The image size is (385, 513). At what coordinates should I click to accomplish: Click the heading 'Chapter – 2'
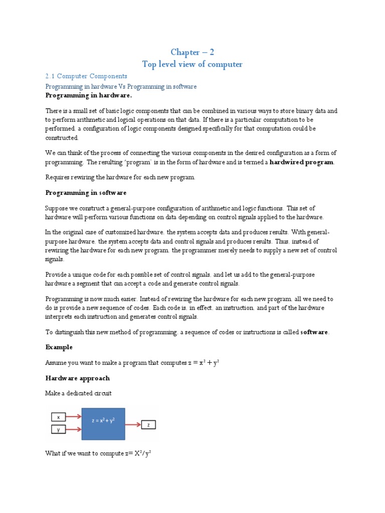click(192, 53)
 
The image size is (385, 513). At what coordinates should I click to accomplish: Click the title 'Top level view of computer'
click(192, 64)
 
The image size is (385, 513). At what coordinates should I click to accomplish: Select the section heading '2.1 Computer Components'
click(86, 76)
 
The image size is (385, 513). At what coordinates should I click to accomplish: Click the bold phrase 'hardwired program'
click(301, 162)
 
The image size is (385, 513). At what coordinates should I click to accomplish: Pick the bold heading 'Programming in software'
click(86, 192)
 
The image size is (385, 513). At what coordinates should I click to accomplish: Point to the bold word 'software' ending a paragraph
click(314, 332)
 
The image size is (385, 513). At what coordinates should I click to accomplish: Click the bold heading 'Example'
click(59, 347)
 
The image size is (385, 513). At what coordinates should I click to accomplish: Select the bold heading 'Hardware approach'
click(77, 378)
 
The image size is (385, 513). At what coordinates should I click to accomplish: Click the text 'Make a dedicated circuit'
click(79, 393)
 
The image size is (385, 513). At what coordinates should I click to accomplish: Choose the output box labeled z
click(148, 425)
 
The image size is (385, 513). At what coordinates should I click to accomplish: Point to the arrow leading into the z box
click(133, 425)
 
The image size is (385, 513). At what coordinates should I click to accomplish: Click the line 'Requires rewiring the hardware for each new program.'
click(120, 177)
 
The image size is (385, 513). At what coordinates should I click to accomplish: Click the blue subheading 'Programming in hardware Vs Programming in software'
click(121, 87)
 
